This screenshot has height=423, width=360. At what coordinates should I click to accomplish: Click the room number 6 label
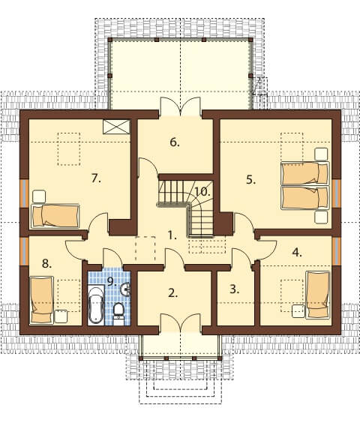(x=175, y=142)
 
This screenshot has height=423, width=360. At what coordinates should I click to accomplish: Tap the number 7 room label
(x=96, y=178)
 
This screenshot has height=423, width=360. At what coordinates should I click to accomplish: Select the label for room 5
(x=250, y=180)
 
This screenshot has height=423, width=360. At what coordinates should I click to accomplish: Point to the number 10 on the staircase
(x=202, y=192)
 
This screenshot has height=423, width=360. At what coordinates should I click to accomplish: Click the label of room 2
(x=172, y=293)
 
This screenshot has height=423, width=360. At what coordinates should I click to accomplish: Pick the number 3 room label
(x=234, y=289)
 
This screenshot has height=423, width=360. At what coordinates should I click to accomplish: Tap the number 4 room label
(x=297, y=253)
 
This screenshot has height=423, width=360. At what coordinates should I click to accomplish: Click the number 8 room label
(x=46, y=263)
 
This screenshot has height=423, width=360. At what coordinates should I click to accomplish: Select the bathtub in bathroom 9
(x=96, y=304)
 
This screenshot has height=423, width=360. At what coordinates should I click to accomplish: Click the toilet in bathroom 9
(x=118, y=313)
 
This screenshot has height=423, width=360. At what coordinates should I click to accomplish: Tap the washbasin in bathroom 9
(x=125, y=289)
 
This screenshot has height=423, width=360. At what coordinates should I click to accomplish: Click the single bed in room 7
(x=55, y=216)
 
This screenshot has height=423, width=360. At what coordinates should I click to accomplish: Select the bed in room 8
(x=41, y=300)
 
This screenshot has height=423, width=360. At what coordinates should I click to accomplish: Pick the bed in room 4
(x=319, y=295)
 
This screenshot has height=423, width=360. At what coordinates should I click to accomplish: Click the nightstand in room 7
(x=39, y=196)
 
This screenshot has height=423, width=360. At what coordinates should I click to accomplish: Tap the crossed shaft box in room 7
(x=116, y=127)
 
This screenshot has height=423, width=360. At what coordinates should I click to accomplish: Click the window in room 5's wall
(x=336, y=193)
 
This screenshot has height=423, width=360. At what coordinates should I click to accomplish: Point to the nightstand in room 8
(x=61, y=316)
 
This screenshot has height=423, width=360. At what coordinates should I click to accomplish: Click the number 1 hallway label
(x=172, y=235)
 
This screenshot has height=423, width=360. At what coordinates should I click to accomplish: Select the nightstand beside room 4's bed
(x=298, y=311)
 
